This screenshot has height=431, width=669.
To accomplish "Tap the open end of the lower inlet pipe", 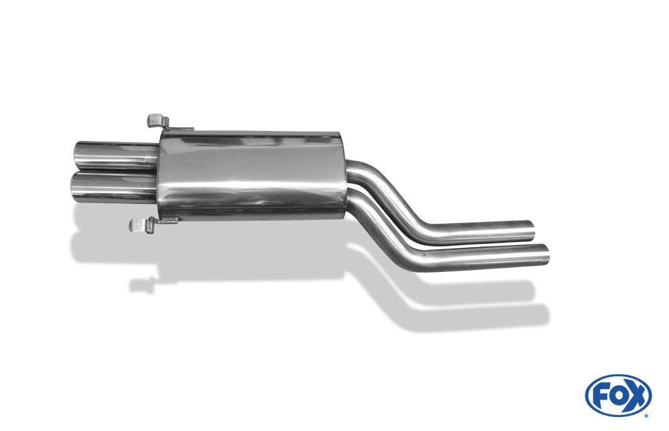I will [x=546, y=254].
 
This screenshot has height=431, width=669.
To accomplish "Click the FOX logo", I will [x=617, y=396].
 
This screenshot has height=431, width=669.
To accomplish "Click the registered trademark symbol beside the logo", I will [x=646, y=414].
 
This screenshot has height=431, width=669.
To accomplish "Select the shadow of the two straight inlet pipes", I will [x=482, y=304].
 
